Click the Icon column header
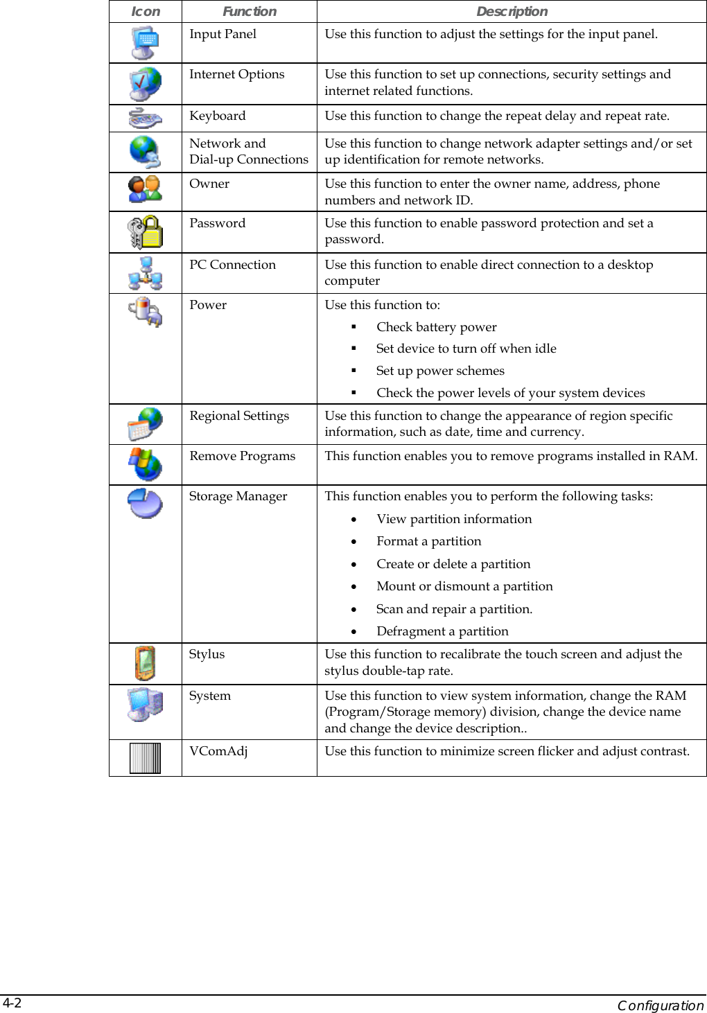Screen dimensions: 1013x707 pos(146,12)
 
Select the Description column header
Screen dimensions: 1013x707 pos(512,12)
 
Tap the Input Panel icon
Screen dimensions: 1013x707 pos(145,43)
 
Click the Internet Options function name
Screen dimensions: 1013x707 pos(236,75)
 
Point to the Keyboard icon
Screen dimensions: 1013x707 pos(145,118)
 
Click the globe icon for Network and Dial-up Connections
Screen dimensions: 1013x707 pos(145,152)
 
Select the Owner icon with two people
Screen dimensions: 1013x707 pos(145,188)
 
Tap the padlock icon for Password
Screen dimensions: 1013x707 pos(145,232)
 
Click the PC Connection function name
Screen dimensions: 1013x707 pos(232,265)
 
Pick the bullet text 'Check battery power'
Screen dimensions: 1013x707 pos(436,327)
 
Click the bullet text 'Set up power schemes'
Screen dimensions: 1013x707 pos(440,371)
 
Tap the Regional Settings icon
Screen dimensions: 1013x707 pos(145,424)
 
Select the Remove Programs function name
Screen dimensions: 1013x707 pos(242,456)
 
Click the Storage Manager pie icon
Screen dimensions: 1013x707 pos(145,503)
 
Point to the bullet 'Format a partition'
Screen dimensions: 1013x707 pos(428,541)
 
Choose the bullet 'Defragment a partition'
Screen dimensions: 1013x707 pos(442,631)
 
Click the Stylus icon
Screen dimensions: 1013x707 pos(145,663)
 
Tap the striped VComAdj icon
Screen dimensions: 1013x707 pos(145,758)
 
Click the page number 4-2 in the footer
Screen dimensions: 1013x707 pos(12,1003)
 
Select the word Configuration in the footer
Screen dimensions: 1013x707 pos(660,1005)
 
